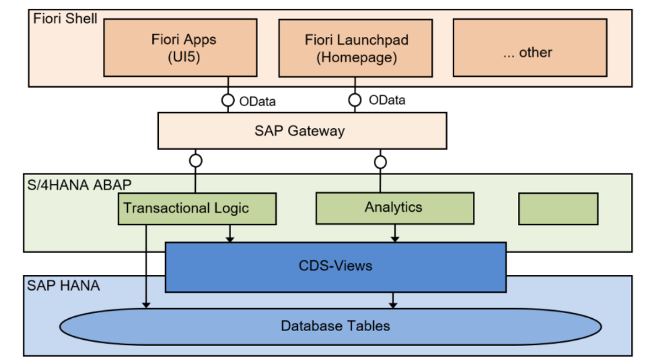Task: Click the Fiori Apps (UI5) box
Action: point(180,48)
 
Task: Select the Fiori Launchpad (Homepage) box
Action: point(356,48)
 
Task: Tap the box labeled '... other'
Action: point(530,48)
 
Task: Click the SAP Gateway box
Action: point(302,131)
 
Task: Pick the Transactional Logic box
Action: point(197,209)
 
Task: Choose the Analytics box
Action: point(395,208)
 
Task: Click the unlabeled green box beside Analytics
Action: point(558,209)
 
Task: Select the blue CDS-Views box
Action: point(335,267)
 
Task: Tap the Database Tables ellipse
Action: point(331,326)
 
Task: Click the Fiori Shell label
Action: point(65,19)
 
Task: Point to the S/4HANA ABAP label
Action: point(79,184)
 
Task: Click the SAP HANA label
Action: point(63,285)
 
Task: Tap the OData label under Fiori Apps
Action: point(257,101)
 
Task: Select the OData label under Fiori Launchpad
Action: point(387,100)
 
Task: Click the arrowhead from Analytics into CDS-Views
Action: point(395,239)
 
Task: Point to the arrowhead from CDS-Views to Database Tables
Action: point(393,306)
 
